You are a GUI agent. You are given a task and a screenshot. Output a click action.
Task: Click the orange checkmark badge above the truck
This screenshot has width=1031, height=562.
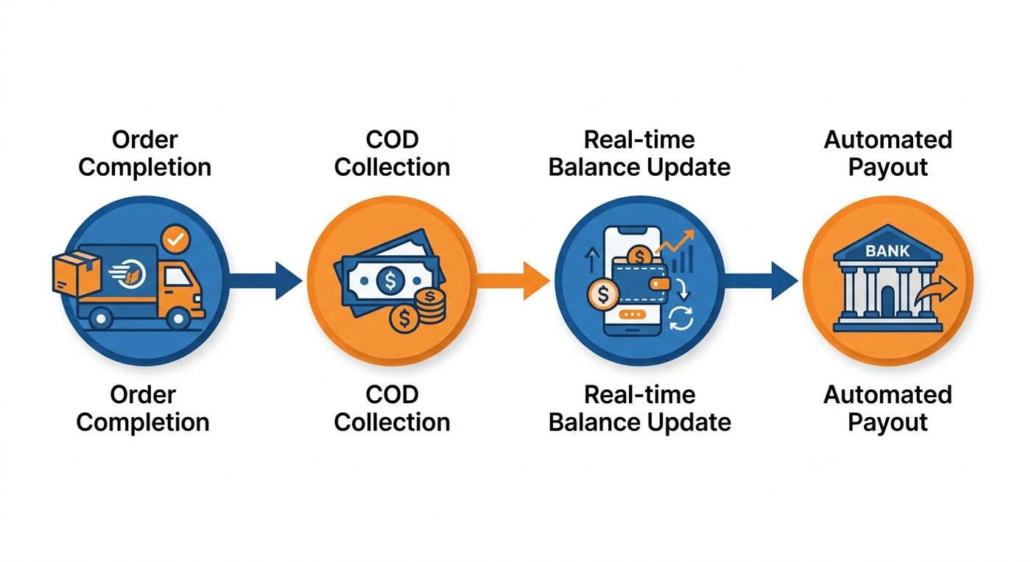pos(175,238)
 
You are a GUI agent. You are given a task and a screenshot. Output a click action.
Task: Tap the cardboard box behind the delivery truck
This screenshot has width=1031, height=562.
pos(77,274)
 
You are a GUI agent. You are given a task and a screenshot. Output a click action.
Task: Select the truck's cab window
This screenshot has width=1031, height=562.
pos(177,277)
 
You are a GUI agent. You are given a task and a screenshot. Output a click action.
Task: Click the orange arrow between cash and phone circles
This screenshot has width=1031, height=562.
pos(513,280)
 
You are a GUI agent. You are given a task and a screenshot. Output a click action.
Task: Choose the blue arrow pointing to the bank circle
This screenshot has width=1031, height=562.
pos(761,280)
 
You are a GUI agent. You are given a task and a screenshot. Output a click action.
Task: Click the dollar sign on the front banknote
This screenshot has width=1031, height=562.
pos(390,280)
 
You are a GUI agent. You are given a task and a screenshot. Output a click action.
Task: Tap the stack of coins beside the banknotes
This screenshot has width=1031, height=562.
pos(430,306)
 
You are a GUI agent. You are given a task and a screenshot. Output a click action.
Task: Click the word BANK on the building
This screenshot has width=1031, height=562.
pos(887,251)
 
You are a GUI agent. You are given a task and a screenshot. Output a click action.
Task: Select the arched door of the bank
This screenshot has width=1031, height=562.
pos(888,301)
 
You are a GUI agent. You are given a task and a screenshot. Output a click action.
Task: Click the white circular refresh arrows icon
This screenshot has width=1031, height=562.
pos(680,319)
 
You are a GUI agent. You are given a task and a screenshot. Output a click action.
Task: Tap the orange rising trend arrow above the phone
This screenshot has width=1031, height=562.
pos(675,241)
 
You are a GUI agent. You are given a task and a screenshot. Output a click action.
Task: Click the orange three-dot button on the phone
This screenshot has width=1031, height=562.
pos(633,315)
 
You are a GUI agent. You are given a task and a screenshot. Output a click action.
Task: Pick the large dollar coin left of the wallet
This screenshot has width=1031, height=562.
pos(603,294)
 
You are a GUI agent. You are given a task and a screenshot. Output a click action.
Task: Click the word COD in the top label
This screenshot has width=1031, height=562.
pos(392,140)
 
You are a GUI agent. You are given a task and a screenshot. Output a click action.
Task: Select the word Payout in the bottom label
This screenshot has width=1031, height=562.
pos(887,422)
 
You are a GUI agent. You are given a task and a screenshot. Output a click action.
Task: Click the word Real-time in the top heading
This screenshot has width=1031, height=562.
pos(639,140)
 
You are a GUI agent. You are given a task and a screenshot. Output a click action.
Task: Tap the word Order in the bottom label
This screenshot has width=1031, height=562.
pos(143,395)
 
